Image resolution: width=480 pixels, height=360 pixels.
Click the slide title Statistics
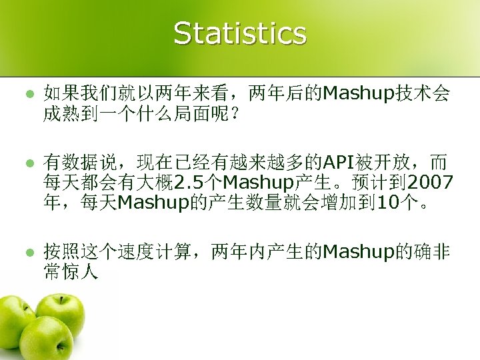click(240, 33)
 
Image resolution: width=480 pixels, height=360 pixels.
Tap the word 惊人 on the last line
click(80, 272)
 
